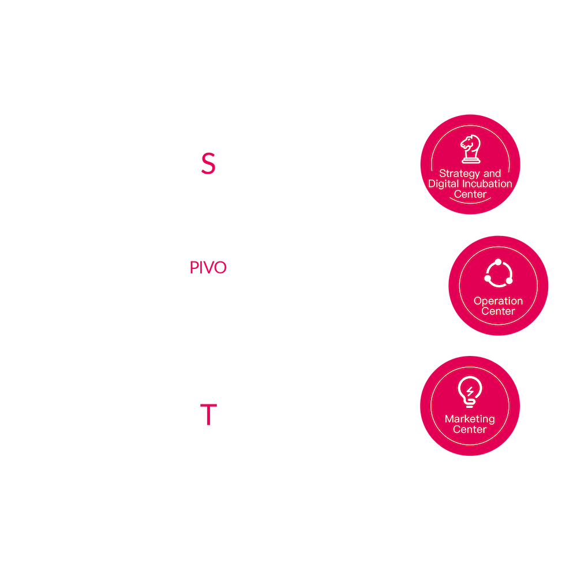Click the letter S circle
208,163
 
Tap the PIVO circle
208,267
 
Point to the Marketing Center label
470,424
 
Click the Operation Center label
498,306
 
